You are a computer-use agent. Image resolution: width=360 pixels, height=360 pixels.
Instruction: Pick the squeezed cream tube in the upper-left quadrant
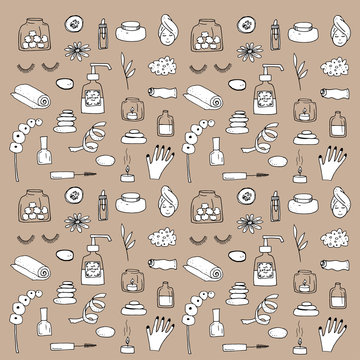[155, 94]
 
